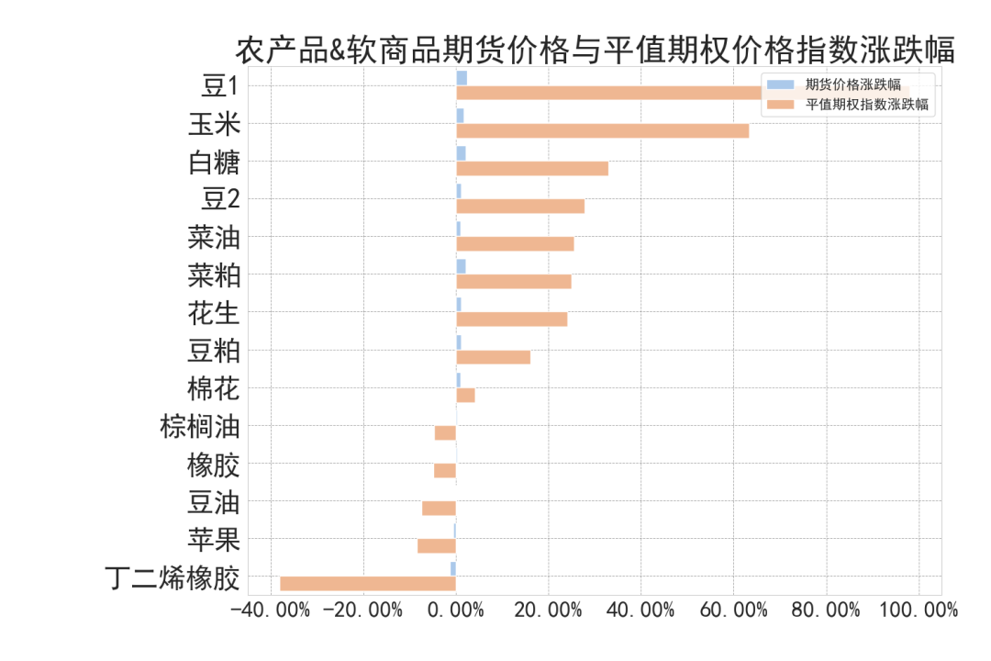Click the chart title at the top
[595, 50]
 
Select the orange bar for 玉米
[602, 130]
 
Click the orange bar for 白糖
[532, 168]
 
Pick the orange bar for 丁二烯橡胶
[368, 583]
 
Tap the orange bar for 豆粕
[493, 357]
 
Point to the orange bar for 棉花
[465, 395]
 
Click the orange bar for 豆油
[439, 508]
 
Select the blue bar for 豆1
[462, 78]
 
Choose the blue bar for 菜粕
[461, 266]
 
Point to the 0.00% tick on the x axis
[456, 610]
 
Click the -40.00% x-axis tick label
[270, 610]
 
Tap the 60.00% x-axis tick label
[733, 610]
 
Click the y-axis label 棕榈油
[199, 427]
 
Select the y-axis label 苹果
[213, 540]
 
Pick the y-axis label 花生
[213, 314]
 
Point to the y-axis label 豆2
[220, 201]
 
